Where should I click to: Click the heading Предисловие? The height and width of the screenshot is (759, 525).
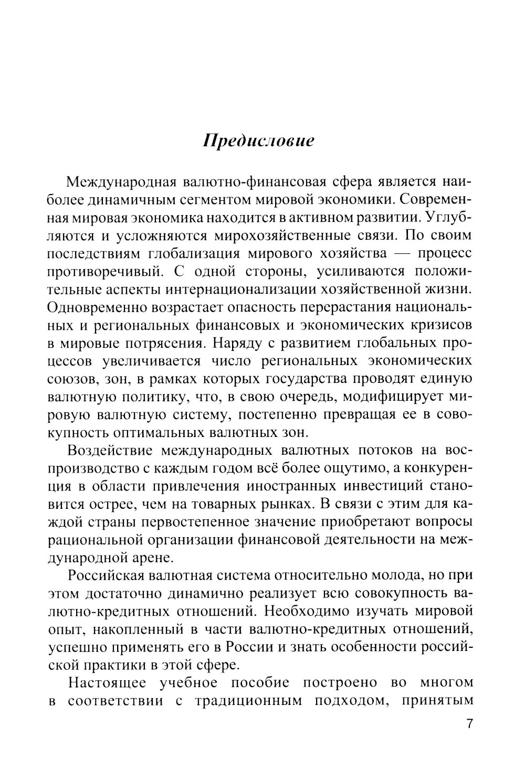point(259,142)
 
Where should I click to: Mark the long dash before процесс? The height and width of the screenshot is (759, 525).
point(402,254)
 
